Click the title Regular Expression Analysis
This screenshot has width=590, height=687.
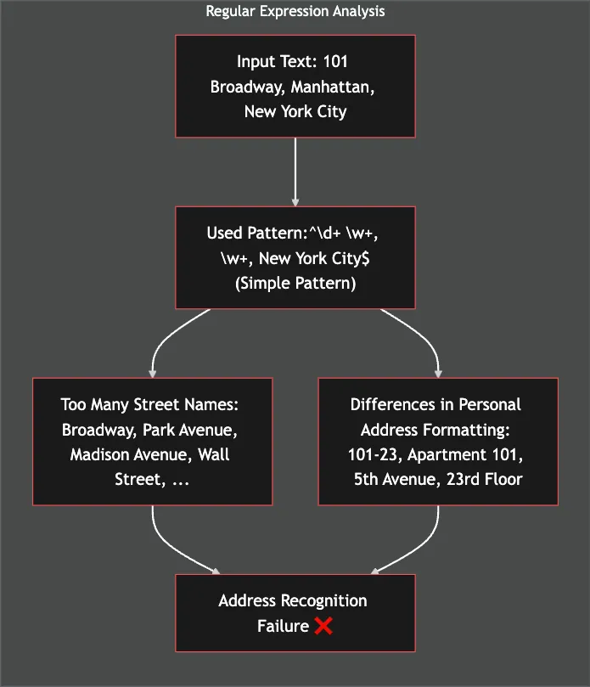[295, 11]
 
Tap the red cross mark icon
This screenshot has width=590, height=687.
[323, 626]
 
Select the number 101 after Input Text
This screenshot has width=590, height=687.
[335, 62]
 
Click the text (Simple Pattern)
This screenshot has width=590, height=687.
[295, 283]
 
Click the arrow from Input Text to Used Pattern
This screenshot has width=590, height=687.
[295, 170]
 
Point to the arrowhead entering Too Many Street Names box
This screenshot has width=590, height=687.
[153, 372]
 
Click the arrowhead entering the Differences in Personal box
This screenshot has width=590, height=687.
[438, 372]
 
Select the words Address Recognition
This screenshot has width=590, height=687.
[293, 600]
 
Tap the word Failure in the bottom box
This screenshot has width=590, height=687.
[283, 626]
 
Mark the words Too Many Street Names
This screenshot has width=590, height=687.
[153, 405]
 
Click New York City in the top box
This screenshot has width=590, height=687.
[295, 111]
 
